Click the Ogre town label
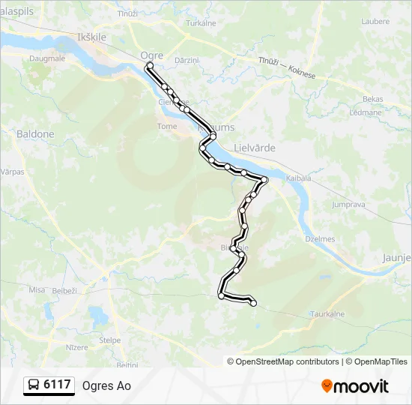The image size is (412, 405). [152, 55]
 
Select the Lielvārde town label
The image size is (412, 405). [255, 148]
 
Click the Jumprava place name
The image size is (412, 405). [347, 204]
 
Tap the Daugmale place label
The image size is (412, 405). [46, 57]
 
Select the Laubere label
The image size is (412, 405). [375, 22]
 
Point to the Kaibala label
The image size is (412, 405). [298, 177]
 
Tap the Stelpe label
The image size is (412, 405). [110, 340]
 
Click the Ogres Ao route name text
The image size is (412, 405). [106, 385]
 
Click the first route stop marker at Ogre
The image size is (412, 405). [149, 66]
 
